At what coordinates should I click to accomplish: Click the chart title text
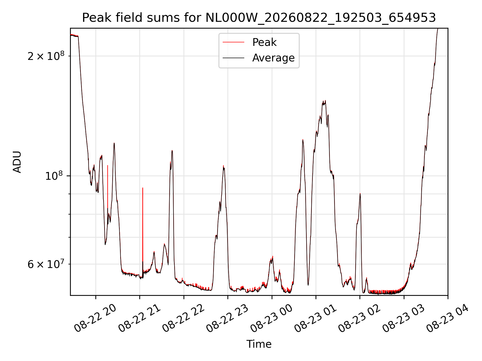(259, 18)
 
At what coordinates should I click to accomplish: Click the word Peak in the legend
(264, 42)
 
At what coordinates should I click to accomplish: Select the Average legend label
(273, 58)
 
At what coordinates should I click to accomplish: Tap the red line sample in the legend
(233, 42)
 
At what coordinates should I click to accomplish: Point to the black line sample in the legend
(233, 58)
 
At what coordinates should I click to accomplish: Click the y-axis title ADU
(17, 162)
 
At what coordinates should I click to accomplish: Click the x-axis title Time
(259, 344)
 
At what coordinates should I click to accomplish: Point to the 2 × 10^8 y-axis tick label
(46, 56)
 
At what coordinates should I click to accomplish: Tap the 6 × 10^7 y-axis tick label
(46, 264)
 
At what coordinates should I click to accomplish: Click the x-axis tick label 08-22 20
(95, 318)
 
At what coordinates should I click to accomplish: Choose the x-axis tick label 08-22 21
(140, 318)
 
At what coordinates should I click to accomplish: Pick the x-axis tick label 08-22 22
(184, 318)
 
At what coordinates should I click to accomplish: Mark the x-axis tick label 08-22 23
(228, 318)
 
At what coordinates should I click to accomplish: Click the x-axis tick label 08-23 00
(272, 318)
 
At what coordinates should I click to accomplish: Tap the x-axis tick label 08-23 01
(316, 318)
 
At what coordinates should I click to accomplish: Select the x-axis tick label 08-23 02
(360, 318)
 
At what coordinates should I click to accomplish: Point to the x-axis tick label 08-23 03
(404, 318)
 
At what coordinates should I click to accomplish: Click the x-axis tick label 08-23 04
(448, 318)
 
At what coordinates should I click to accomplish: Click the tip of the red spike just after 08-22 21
(143, 188)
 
